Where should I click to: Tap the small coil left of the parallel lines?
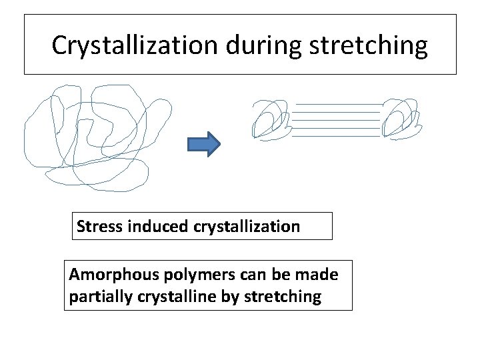(x=270, y=120)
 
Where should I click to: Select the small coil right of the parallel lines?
(x=402, y=120)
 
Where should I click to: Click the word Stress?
(x=98, y=227)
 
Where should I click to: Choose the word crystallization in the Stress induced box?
(x=247, y=227)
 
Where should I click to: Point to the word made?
(x=319, y=275)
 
